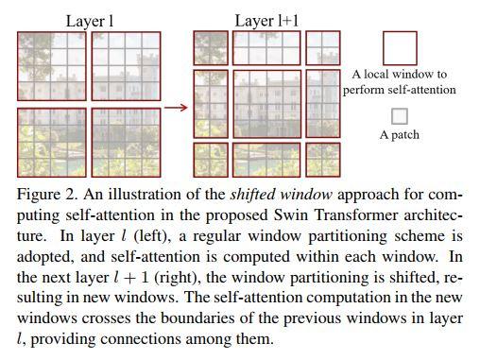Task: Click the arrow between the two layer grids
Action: tap(176, 107)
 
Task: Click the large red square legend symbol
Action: tap(399, 47)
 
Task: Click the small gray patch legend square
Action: tap(399, 116)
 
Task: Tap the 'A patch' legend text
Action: tap(399, 134)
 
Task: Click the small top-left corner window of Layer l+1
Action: tap(210, 47)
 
